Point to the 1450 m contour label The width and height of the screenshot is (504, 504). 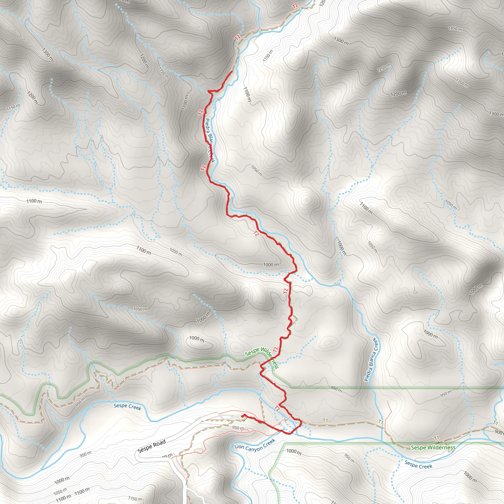[x=455, y=29]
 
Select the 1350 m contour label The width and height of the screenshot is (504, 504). [x=462, y=83]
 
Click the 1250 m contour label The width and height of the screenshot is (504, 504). [x=383, y=68]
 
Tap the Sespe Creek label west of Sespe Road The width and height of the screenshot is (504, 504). [x=127, y=407]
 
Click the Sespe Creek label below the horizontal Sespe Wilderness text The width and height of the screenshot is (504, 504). [x=418, y=464]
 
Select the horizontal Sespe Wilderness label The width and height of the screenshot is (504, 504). [x=433, y=448]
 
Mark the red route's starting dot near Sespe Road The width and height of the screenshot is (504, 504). [x=243, y=416]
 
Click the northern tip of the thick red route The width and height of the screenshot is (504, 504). [x=232, y=71]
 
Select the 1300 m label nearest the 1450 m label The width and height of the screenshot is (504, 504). [x=341, y=41]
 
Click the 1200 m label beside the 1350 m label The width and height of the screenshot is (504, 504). [x=398, y=93]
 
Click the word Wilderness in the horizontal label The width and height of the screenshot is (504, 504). [x=443, y=448]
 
